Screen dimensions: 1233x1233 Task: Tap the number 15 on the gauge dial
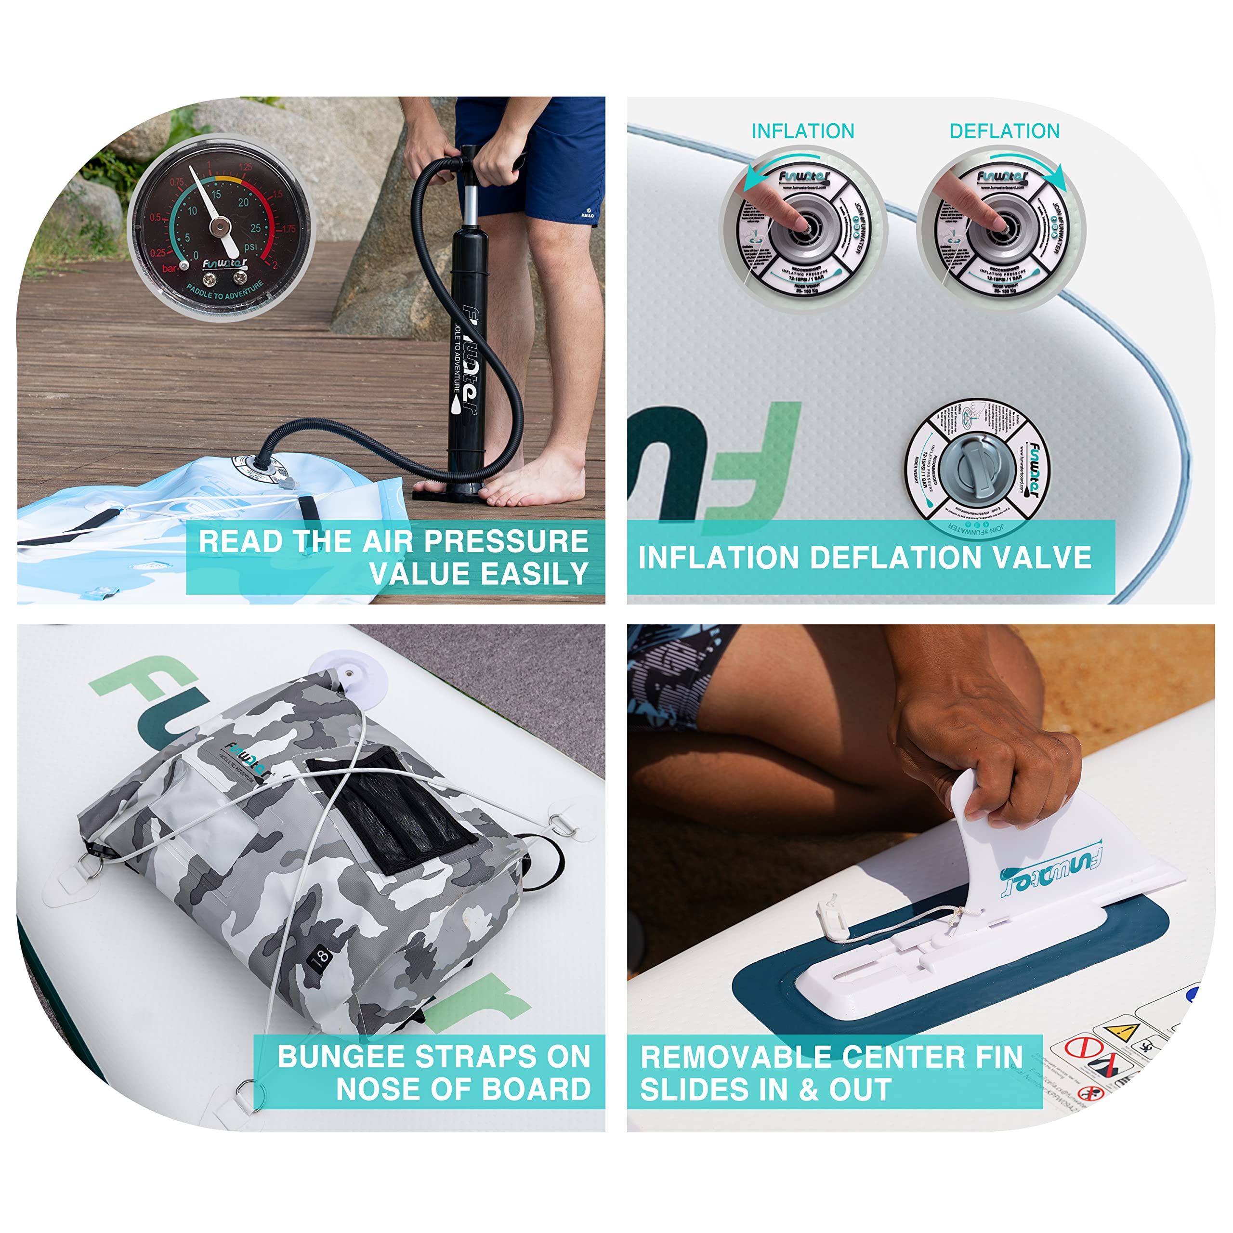point(216,194)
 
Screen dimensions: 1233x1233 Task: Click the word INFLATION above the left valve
point(802,131)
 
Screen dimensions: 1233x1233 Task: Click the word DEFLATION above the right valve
point(1005,131)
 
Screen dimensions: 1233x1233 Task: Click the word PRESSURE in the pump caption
point(506,541)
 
